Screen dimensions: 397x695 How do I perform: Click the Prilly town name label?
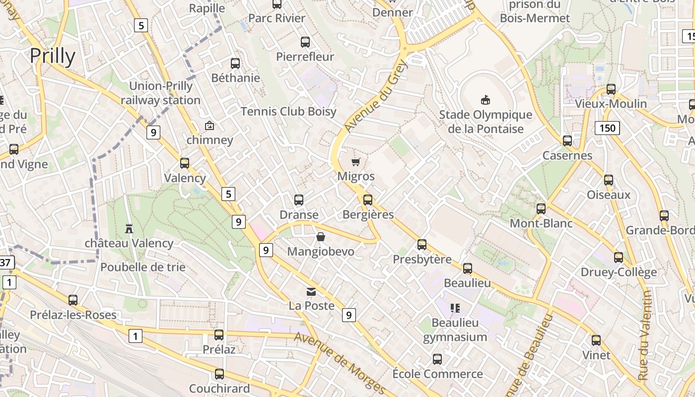[x=53, y=57]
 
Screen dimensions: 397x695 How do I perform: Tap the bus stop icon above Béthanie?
[x=235, y=64]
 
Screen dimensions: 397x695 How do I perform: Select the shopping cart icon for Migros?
[x=355, y=162]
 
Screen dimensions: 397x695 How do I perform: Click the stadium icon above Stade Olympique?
[x=486, y=100]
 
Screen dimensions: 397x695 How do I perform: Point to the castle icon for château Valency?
[x=129, y=228]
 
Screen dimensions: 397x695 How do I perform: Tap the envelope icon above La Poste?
[x=311, y=291]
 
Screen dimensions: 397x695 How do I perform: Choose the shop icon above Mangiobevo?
[x=321, y=237]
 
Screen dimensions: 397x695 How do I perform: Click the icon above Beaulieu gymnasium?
[x=455, y=308]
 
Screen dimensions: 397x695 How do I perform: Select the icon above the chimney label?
[x=209, y=126]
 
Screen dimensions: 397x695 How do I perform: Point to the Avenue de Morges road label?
[x=340, y=362]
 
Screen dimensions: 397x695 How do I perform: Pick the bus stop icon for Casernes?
[x=567, y=141]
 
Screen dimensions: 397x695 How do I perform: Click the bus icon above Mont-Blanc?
[x=541, y=209]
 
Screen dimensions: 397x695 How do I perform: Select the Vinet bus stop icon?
[x=596, y=340]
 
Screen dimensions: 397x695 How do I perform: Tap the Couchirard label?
[x=219, y=388]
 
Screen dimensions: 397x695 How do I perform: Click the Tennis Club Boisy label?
[x=288, y=112]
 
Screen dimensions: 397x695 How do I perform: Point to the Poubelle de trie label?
[x=143, y=267]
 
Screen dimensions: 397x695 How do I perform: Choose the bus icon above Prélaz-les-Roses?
[x=73, y=300]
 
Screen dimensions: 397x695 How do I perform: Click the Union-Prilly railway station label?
[x=160, y=93]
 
